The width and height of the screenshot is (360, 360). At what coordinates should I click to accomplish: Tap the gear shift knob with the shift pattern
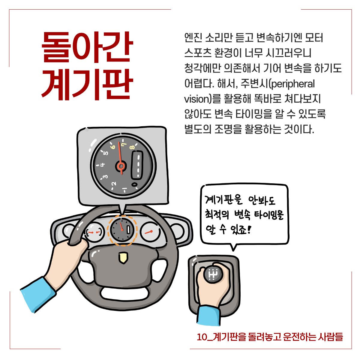tap(213, 274)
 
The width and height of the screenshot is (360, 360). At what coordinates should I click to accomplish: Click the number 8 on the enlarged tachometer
tap(132, 148)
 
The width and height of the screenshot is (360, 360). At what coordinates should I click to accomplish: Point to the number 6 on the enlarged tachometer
tap(113, 147)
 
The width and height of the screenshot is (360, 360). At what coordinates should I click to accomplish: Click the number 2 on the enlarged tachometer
tap(114, 184)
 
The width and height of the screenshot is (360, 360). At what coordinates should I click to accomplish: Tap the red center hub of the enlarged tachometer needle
tap(121, 166)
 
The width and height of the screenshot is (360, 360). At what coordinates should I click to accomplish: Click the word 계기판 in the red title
tap(87, 85)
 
